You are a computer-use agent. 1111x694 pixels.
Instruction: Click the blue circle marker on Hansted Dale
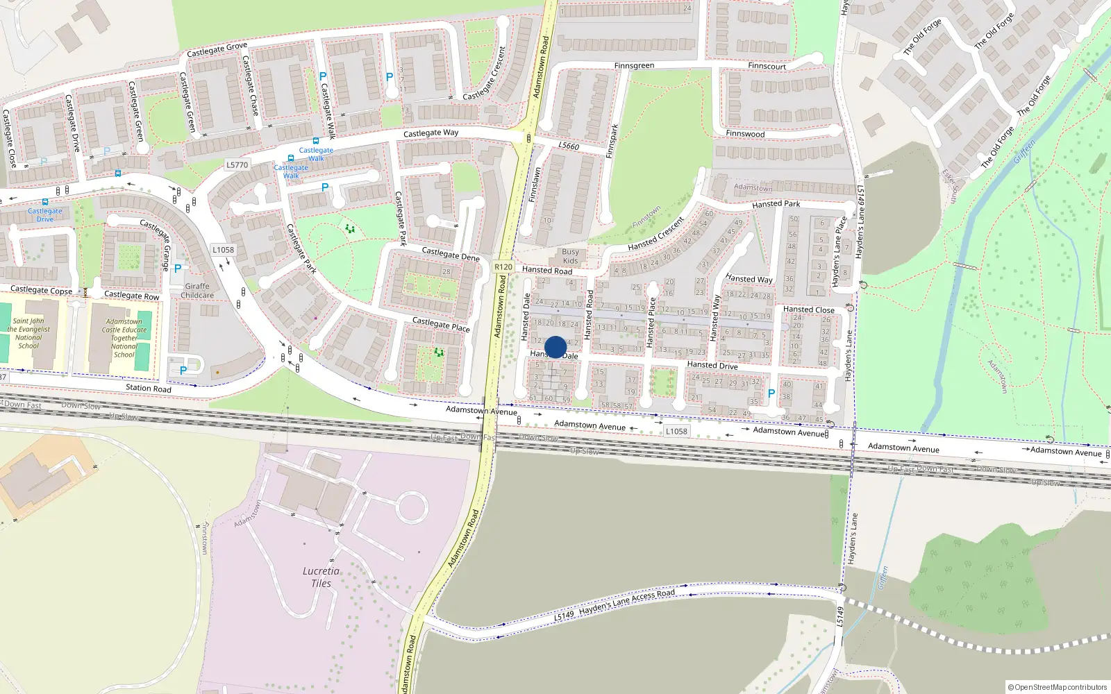point(555,347)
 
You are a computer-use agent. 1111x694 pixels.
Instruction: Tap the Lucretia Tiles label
point(321,577)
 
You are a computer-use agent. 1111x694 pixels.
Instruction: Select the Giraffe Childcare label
point(197,290)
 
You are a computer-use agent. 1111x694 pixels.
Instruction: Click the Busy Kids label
point(570,256)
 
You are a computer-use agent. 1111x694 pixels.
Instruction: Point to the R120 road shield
point(503,266)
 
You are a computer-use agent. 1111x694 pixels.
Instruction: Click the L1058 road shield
point(676,431)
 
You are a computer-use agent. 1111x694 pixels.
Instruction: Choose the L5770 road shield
point(237,164)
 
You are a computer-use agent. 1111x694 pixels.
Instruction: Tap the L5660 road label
point(569,146)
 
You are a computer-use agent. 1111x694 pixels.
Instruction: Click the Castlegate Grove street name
point(217,49)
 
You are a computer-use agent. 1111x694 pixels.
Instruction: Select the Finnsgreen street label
point(634,66)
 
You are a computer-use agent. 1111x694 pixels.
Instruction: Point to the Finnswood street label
point(745,133)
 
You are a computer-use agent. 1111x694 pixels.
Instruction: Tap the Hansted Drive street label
point(712,364)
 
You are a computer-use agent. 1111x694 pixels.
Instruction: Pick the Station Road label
point(148,388)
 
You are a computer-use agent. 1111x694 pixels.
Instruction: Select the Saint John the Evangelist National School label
point(28,333)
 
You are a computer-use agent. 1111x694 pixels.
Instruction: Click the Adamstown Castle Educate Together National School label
point(124,338)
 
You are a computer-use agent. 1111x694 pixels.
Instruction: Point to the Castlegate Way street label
point(431,133)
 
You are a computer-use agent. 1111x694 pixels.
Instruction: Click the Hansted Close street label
point(808,310)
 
